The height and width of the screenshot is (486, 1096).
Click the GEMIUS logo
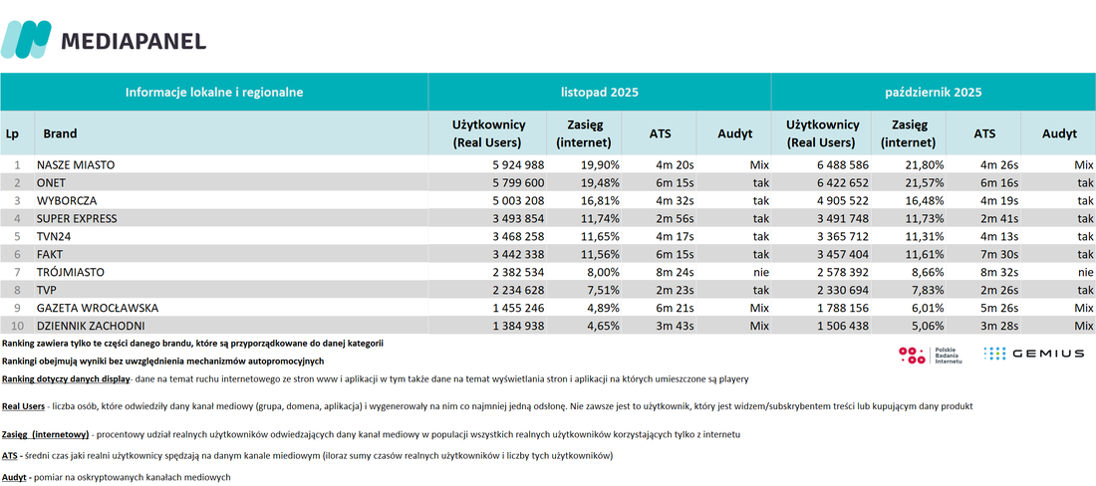[1033, 354]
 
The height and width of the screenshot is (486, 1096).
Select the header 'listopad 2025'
[600, 92]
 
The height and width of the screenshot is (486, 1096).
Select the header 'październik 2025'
[934, 92]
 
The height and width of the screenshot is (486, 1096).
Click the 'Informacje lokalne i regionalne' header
[214, 92]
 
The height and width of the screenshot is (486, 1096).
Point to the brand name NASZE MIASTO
[76, 165]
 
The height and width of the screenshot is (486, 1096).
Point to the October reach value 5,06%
[928, 326]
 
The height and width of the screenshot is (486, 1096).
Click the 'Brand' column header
[60, 133]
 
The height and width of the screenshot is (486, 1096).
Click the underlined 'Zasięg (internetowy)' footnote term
[46, 434]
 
